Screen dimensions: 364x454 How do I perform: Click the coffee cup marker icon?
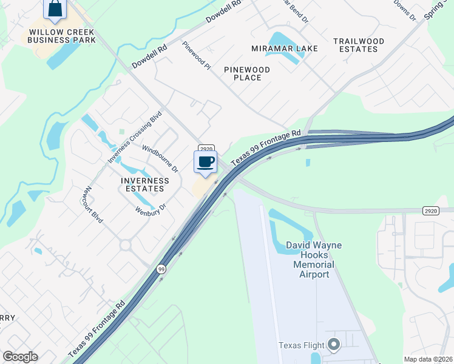(x=205, y=161)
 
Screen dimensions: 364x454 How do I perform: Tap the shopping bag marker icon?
(x=55, y=8)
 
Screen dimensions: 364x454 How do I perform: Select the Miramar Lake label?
(x=276, y=49)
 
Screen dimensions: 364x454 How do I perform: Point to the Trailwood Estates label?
(x=359, y=45)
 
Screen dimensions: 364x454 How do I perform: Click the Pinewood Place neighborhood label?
(x=243, y=73)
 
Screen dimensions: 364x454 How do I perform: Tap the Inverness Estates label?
(x=144, y=184)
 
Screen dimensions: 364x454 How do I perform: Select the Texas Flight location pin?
(x=333, y=345)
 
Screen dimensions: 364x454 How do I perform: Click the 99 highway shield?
(x=161, y=269)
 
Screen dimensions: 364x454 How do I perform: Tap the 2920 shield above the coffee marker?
(x=206, y=148)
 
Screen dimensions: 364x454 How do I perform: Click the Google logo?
(x=20, y=357)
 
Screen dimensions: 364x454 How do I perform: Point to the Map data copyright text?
(x=428, y=359)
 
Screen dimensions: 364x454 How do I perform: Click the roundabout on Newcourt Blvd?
(x=126, y=245)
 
